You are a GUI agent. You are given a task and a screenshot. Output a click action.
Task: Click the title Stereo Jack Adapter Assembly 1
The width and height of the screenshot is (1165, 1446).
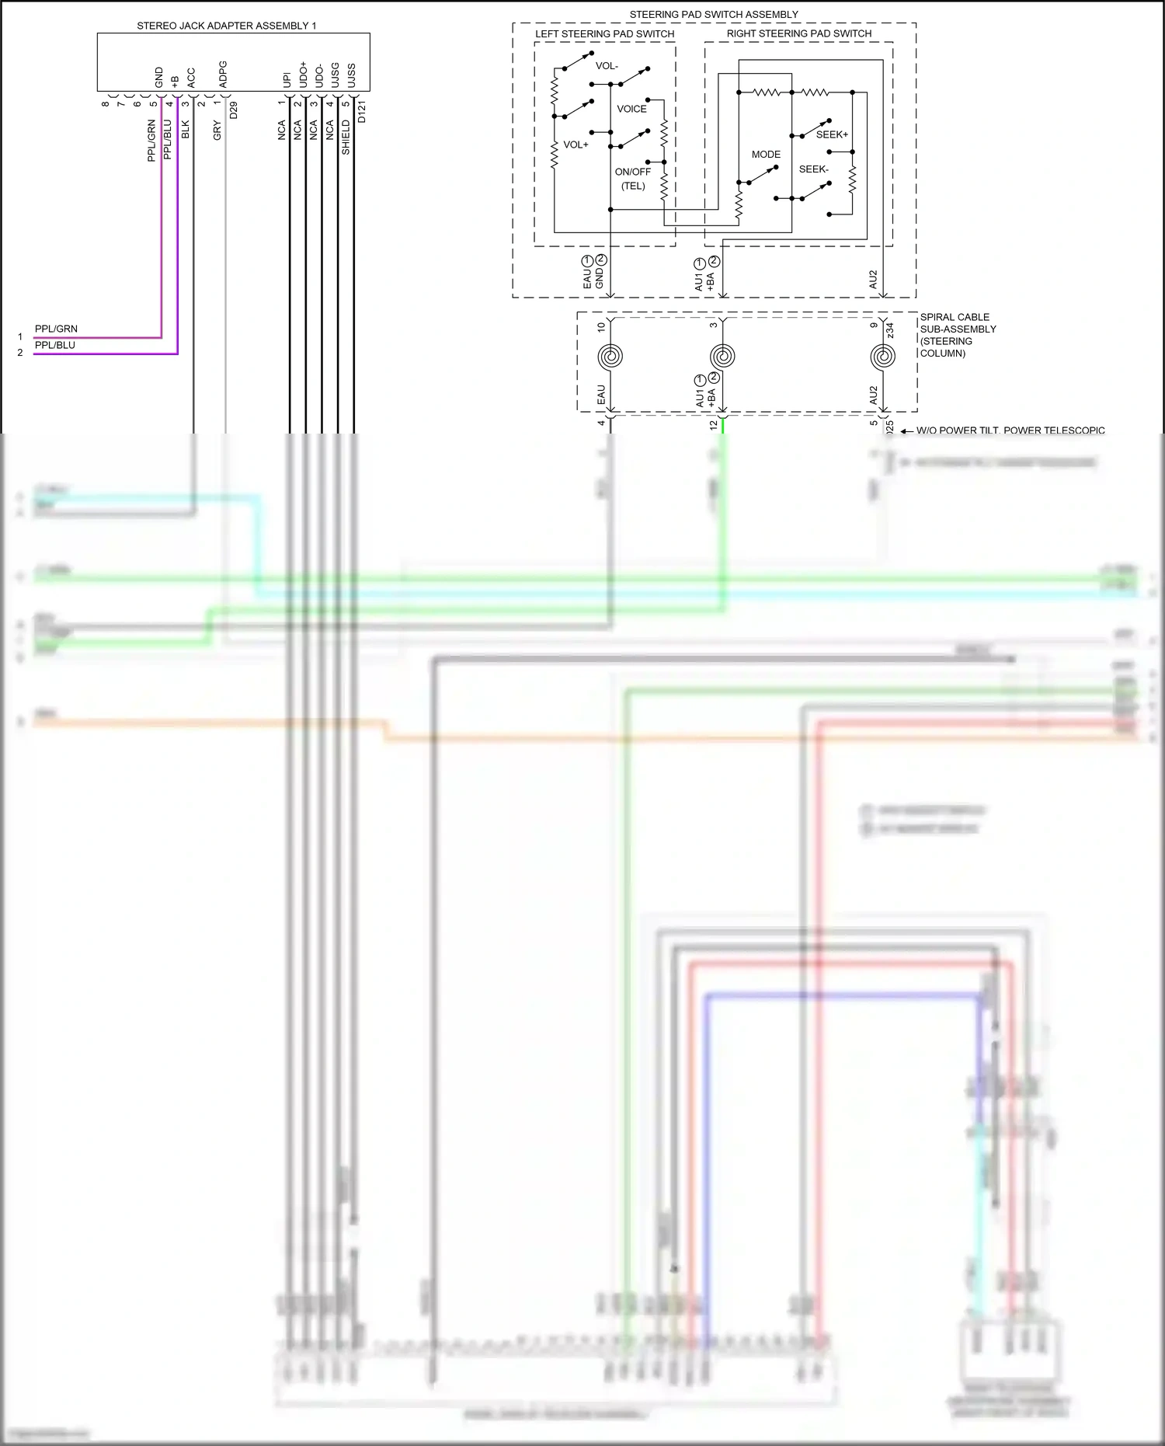tap(226, 26)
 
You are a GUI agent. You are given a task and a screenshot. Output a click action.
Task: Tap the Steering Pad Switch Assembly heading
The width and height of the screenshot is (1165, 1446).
tap(713, 14)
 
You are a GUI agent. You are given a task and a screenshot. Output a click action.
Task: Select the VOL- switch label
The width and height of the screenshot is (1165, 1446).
tap(607, 66)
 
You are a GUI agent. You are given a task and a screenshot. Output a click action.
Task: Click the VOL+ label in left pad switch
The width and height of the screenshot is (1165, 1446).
tap(576, 145)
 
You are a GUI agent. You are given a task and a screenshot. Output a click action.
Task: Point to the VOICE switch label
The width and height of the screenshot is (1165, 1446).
tap(631, 109)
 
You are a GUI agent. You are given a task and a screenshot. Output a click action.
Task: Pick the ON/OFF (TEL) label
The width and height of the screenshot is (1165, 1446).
tap(633, 179)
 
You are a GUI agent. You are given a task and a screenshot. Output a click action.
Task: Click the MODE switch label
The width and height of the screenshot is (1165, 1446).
tap(766, 154)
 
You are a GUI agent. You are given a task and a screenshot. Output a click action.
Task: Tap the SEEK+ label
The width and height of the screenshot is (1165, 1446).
tap(832, 134)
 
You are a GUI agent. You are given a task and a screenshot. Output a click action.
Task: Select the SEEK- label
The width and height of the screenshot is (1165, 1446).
tap(813, 169)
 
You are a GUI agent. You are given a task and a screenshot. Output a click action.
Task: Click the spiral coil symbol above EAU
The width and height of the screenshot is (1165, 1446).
tap(610, 357)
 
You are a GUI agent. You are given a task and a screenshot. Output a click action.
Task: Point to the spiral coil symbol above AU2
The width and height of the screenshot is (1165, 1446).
tap(882, 357)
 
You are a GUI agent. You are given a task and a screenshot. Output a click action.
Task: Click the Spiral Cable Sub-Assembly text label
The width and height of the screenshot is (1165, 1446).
tap(957, 335)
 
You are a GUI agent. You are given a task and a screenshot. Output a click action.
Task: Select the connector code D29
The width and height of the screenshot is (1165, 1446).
tap(233, 110)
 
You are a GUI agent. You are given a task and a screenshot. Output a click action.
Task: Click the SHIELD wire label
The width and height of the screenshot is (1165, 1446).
tap(346, 137)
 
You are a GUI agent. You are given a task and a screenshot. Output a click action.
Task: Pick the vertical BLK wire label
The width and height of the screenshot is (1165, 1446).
tap(185, 129)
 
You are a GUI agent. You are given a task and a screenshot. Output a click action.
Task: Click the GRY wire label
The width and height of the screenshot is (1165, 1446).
tap(217, 130)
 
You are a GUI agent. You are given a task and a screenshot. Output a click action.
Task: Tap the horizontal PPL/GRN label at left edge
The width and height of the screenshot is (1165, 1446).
tap(56, 329)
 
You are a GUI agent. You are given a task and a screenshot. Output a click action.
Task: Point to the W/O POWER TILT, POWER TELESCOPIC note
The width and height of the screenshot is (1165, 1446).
tap(1010, 430)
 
